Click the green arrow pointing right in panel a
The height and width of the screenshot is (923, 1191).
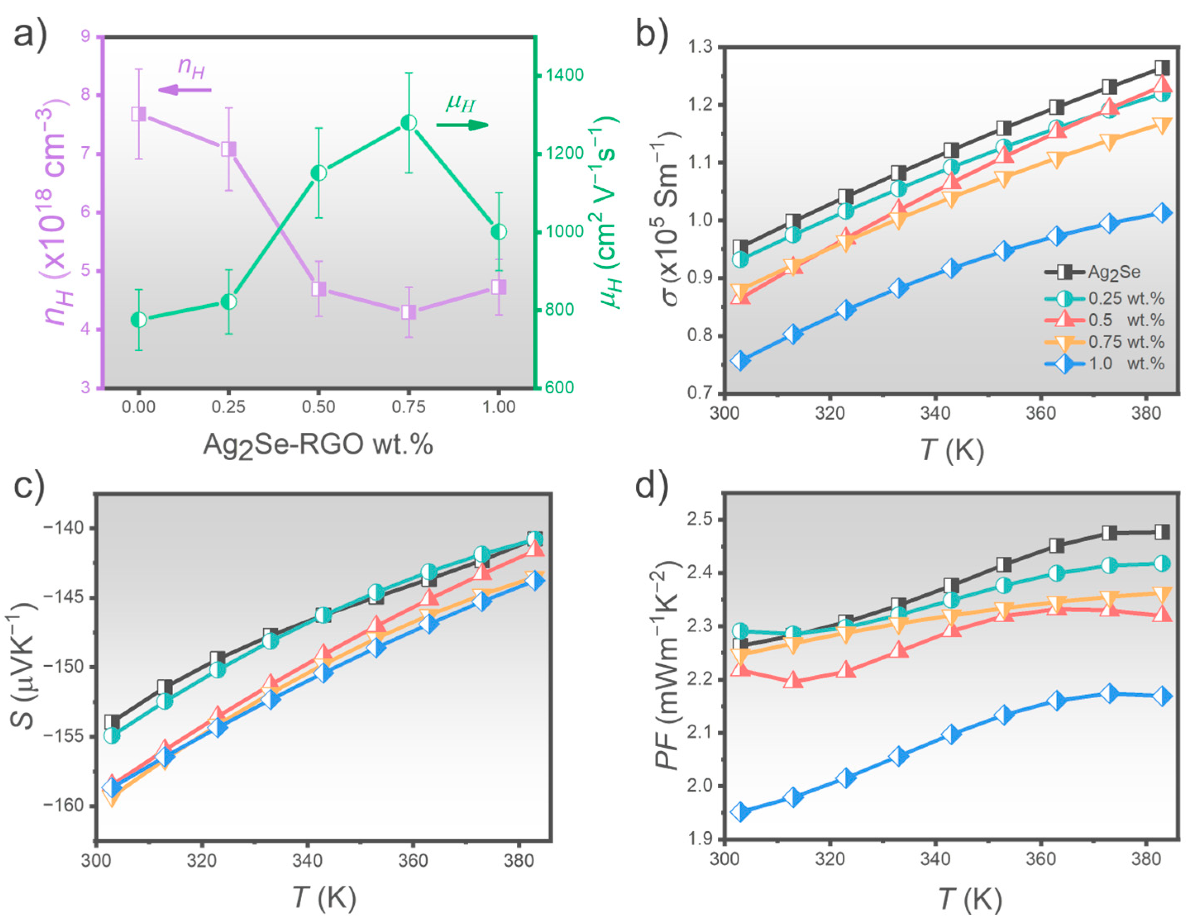[x=462, y=125]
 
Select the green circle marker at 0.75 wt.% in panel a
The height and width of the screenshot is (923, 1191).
[x=408, y=123]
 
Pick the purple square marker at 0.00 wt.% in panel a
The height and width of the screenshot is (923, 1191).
[x=138, y=113]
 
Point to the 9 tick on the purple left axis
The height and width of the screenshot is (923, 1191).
[x=86, y=36]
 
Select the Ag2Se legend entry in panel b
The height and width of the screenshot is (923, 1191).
[x=1093, y=272]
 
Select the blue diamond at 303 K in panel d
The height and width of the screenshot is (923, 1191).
[x=740, y=812]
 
